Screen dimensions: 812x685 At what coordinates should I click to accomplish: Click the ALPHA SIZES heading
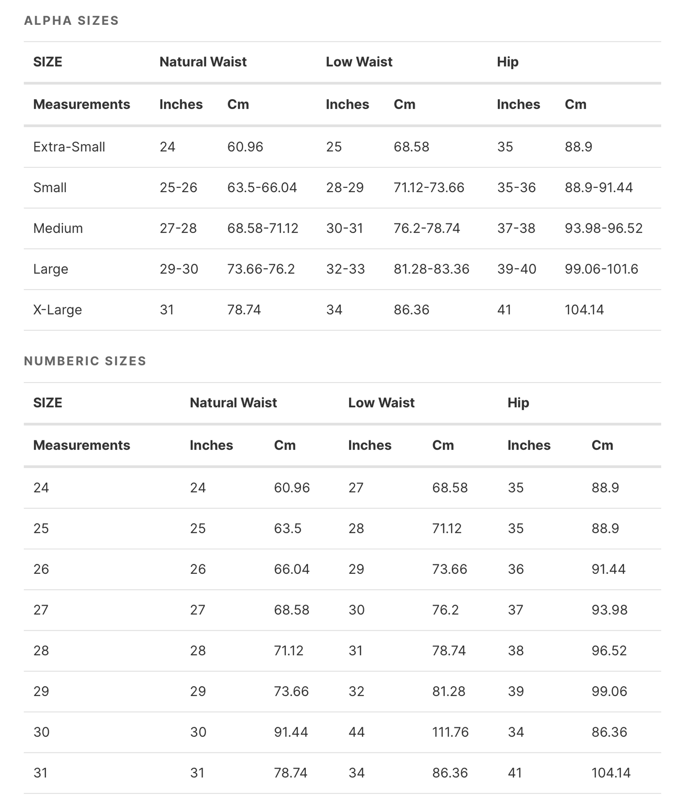click(71, 21)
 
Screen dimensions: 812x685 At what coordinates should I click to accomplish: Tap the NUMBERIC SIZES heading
click(85, 361)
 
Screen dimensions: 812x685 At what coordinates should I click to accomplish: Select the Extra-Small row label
click(69, 147)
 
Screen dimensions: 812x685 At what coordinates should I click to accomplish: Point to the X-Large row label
click(57, 310)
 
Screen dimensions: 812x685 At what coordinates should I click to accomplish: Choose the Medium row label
click(58, 228)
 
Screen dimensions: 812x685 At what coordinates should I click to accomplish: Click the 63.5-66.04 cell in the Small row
click(262, 188)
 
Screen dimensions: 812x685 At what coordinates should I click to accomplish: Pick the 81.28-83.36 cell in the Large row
click(431, 269)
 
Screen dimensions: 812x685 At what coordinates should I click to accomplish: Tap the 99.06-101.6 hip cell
click(601, 269)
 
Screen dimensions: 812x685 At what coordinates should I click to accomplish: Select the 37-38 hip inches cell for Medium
click(516, 228)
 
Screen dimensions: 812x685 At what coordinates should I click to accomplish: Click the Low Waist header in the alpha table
click(359, 62)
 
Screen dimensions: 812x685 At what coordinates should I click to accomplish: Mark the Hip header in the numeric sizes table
click(518, 403)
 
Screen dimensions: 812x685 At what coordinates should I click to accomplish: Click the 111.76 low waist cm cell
click(450, 732)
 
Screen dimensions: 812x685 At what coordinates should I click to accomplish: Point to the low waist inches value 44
click(356, 732)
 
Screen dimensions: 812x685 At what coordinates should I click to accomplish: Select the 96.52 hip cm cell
click(609, 651)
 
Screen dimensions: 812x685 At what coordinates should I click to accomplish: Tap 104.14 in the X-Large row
click(584, 310)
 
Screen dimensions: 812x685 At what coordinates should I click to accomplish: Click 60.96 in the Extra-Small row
click(245, 147)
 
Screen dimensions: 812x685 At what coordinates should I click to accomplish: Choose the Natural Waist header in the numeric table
click(233, 403)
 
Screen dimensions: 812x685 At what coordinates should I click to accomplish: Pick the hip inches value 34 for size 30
click(515, 732)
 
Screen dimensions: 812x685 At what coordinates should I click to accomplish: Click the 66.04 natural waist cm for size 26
click(291, 569)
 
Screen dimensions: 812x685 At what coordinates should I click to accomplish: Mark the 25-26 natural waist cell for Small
click(178, 188)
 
